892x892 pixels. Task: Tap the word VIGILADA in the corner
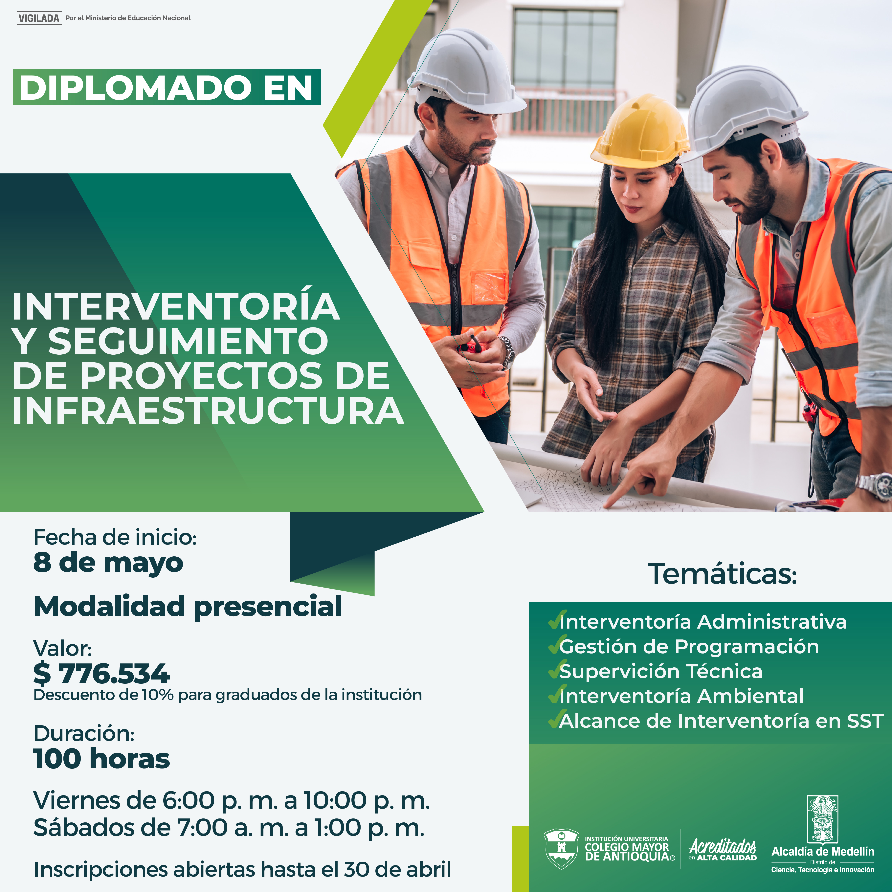tap(39, 18)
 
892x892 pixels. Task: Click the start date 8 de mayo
tap(108, 563)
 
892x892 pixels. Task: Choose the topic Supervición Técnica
tap(661, 671)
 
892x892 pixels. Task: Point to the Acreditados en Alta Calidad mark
tap(723, 850)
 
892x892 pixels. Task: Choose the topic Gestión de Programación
tap(689, 646)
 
